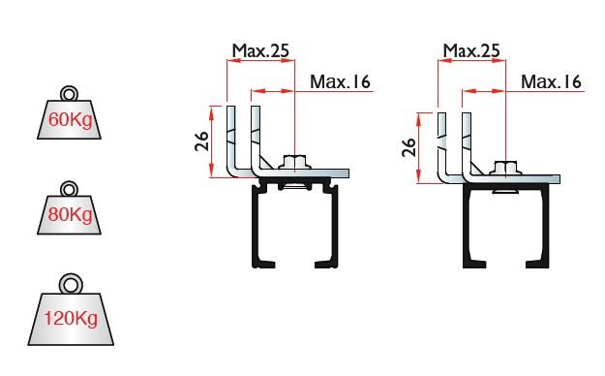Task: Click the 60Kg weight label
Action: [x=71, y=120]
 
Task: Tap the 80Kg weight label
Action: [x=71, y=214]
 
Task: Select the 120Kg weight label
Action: [x=71, y=319]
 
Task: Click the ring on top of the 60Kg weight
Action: [x=70, y=94]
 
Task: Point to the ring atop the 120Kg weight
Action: [x=71, y=284]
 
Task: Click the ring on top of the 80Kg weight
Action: [x=70, y=189]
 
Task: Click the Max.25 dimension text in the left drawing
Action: [x=260, y=50]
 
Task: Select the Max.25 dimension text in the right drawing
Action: [x=471, y=50]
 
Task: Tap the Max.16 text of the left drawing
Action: [x=340, y=81]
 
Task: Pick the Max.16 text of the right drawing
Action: [x=551, y=81]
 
